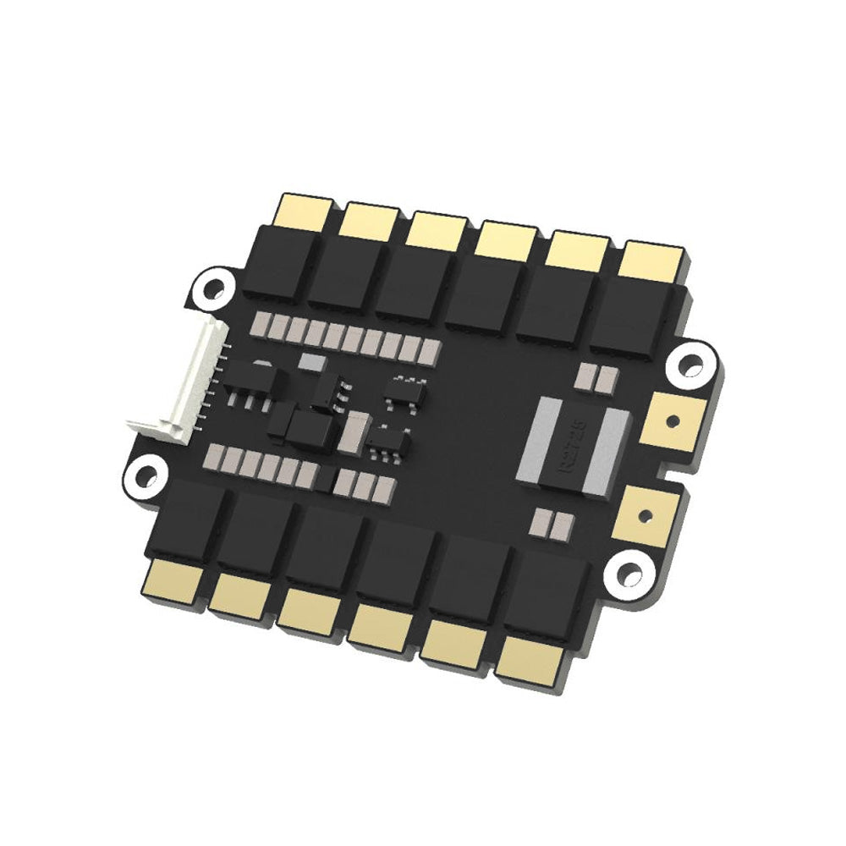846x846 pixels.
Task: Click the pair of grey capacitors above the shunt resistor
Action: point(592,378)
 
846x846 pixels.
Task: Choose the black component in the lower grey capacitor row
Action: point(324,479)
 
